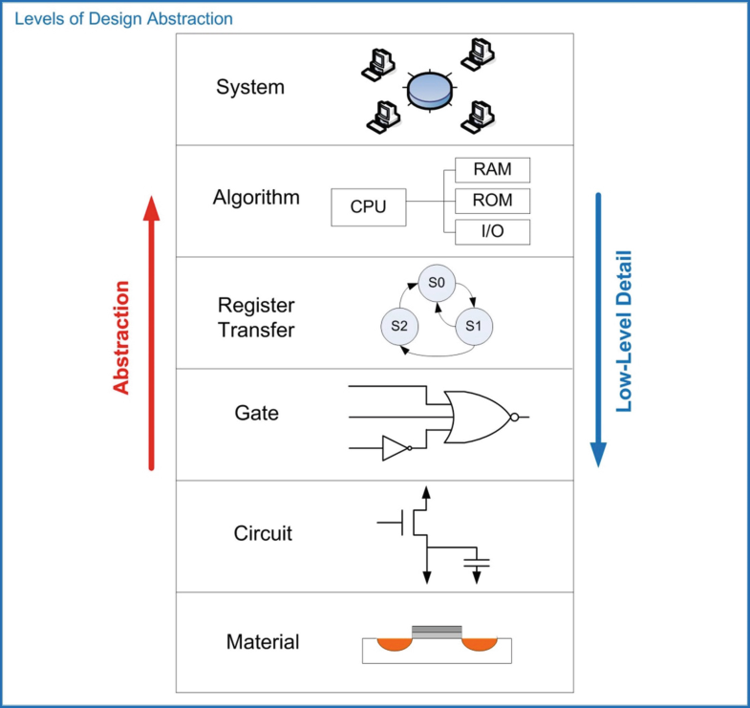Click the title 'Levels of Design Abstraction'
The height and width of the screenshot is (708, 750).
click(x=123, y=18)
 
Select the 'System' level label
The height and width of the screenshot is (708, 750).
click(x=250, y=88)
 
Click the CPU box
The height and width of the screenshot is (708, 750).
click(x=368, y=206)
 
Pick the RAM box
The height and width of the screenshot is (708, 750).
click(x=492, y=170)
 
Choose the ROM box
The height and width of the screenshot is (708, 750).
click(x=492, y=201)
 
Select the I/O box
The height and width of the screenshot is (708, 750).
click(x=492, y=231)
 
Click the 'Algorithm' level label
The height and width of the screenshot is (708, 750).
click(x=256, y=198)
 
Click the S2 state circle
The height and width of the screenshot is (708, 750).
click(x=399, y=326)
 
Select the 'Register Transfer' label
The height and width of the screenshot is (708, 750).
click(x=256, y=317)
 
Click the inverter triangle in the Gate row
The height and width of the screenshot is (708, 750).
click(x=394, y=448)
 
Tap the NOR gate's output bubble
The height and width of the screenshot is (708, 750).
click(x=515, y=417)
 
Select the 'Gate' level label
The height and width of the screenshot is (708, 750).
click(x=256, y=413)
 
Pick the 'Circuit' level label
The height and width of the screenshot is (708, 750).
click(x=263, y=533)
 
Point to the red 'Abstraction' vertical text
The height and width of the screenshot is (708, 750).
click(x=121, y=337)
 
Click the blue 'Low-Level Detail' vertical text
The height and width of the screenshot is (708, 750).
click(x=624, y=331)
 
